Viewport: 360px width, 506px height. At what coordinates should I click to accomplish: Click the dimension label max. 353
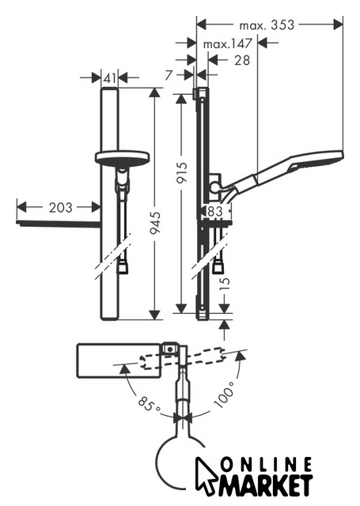[267, 25]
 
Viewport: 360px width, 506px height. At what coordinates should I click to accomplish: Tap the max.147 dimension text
[227, 44]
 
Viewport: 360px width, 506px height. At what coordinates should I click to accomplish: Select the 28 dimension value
[242, 60]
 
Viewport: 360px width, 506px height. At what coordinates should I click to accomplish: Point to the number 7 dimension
[169, 75]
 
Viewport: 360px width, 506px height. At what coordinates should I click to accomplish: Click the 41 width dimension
[110, 77]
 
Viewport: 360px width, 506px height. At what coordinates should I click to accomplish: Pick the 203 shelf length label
[60, 207]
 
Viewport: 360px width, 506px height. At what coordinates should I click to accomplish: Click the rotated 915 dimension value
[182, 172]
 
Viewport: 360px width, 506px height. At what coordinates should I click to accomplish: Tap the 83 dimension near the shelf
[214, 211]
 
